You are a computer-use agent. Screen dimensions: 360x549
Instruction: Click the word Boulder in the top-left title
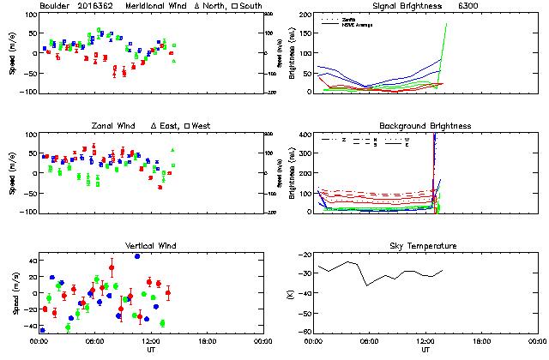54,6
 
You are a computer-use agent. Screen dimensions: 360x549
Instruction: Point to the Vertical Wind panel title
150,246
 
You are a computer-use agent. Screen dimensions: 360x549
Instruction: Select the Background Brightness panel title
425,126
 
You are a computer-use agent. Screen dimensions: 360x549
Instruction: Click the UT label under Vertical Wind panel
150,349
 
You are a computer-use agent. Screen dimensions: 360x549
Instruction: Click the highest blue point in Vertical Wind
137,256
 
